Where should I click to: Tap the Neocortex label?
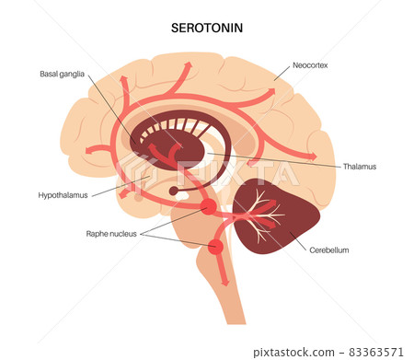tap(311, 66)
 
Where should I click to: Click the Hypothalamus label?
tap(63, 195)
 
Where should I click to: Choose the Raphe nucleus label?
tap(111, 234)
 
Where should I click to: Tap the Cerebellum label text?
tap(329, 249)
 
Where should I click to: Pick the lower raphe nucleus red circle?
tap(216, 247)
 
